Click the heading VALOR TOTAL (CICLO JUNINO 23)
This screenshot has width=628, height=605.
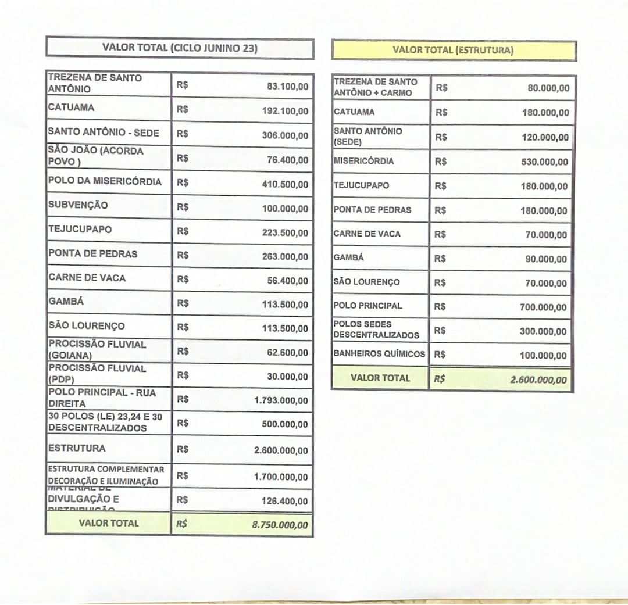(180, 48)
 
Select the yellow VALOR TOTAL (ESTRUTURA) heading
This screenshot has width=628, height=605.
(453, 50)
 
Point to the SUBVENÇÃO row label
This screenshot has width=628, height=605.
(78, 205)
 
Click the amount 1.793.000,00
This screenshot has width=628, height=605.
(281, 400)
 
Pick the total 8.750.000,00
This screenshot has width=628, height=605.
(280, 524)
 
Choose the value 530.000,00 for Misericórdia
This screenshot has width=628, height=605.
(545, 162)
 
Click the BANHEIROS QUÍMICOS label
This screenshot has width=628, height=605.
(379, 353)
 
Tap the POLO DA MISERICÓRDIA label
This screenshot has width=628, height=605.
(105, 181)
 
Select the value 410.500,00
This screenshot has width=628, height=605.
(286, 184)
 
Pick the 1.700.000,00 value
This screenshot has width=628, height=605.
(281, 477)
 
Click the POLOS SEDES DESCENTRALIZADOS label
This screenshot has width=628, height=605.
(376, 330)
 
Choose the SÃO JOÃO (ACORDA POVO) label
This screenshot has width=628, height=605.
(95, 156)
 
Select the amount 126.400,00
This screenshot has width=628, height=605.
(286, 501)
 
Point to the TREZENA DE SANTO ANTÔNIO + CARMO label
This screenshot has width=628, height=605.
(375, 87)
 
